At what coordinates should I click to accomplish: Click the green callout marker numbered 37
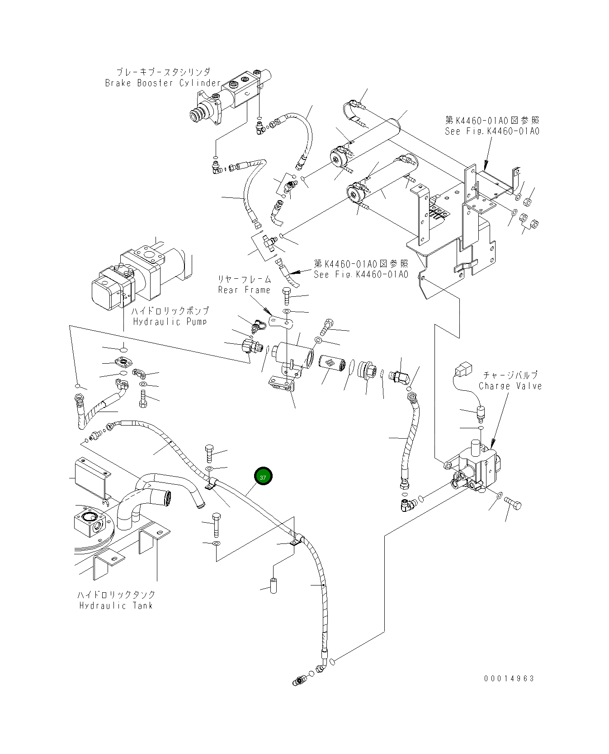263,476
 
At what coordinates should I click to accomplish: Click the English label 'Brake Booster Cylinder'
163,83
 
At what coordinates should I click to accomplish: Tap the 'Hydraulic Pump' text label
170,322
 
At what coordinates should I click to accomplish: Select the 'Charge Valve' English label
510,386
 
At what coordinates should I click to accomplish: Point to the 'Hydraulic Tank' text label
116,605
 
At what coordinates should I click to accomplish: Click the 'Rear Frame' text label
244,290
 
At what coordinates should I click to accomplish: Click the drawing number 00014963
509,678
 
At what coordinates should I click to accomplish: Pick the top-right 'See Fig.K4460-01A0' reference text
492,131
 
